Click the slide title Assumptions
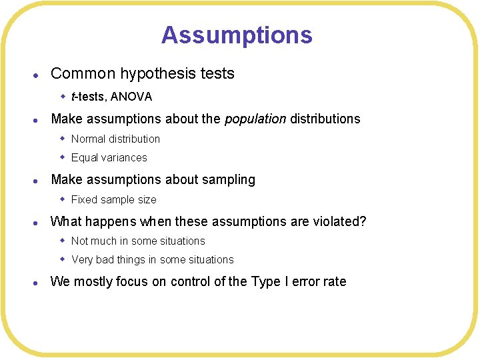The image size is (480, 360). [x=237, y=35]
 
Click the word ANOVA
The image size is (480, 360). [x=131, y=97]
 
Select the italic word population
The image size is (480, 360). [x=255, y=119]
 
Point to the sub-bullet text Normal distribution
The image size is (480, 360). [x=115, y=139]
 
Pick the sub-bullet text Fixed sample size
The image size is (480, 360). [x=113, y=199]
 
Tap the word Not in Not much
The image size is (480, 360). [x=79, y=241]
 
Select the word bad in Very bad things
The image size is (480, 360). [x=106, y=259]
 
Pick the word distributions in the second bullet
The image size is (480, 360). [x=325, y=119]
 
